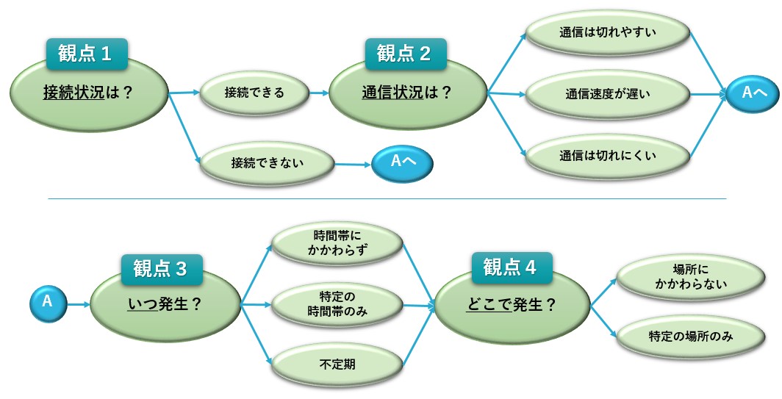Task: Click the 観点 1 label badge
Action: coord(87,54)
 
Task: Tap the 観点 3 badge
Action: coord(162,270)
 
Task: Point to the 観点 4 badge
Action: coord(512,267)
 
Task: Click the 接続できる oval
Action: coord(254,93)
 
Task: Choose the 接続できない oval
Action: coord(267,164)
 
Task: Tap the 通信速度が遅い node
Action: coord(608,94)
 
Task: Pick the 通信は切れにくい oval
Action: coord(608,156)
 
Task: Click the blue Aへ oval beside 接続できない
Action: coord(403,164)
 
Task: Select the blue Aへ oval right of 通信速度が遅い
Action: coord(753,94)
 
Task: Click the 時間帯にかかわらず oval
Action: coord(337,243)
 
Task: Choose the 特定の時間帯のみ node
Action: coord(337,304)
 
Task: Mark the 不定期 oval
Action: coord(337,364)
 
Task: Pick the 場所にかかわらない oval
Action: coord(691,277)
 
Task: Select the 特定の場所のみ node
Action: coord(691,337)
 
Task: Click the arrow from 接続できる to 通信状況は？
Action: coord(319,93)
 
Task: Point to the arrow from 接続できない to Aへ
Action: coord(353,164)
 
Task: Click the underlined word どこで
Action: coord(489,305)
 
